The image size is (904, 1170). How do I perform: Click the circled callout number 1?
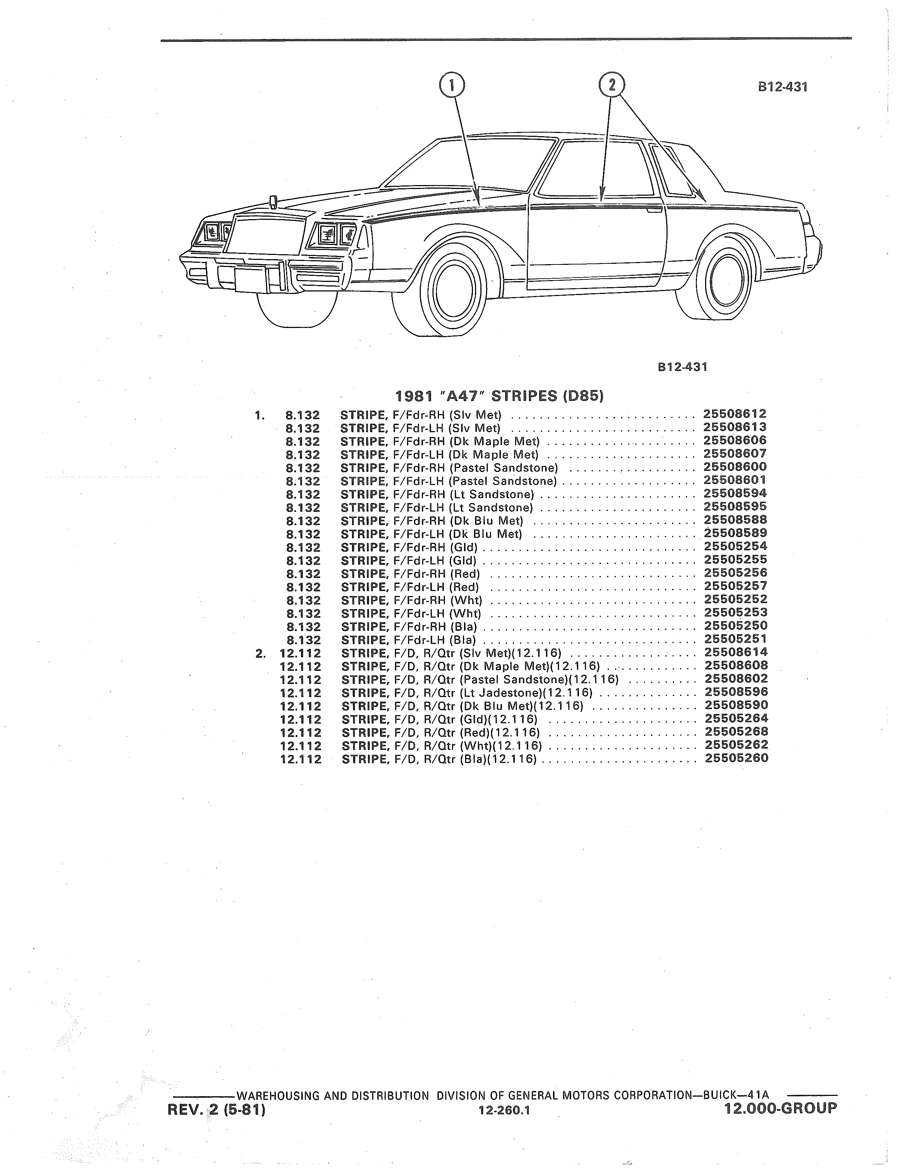(451, 85)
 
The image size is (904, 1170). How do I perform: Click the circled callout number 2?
(612, 85)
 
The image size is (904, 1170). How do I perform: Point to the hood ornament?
(273, 201)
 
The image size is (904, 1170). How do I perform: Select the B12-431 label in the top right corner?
(782, 87)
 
